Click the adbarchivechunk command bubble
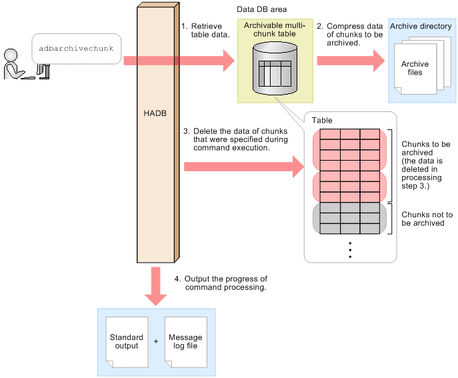(x=77, y=49)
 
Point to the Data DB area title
(x=261, y=10)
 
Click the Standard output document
(x=126, y=341)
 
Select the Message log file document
(x=185, y=341)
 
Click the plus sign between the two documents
(x=156, y=341)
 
